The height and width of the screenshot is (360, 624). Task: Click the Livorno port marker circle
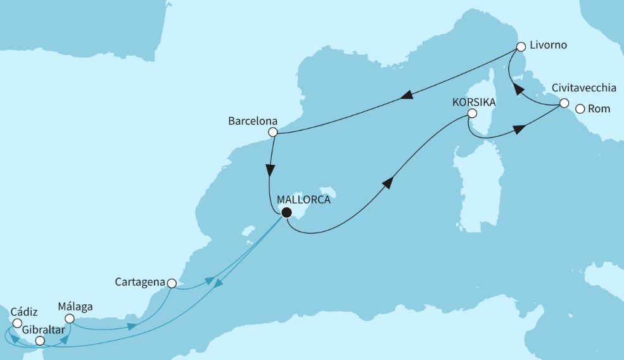[x=521, y=46]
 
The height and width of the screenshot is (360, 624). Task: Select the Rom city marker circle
[x=580, y=108]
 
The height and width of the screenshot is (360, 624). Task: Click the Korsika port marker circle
[x=471, y=113]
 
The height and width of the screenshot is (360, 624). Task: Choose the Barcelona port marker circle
[x=273, y=132]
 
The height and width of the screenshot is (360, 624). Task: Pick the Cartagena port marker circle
[x=171, y=283]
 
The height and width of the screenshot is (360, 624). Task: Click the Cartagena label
[x=140, y=281]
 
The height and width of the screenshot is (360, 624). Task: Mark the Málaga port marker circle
[x=70, y=319]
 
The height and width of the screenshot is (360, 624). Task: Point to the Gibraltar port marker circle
[x=40, y=341]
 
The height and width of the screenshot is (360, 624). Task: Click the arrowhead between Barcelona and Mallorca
[x=271, y=171]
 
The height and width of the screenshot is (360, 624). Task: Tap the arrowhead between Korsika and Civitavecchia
[x=518, y=129]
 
